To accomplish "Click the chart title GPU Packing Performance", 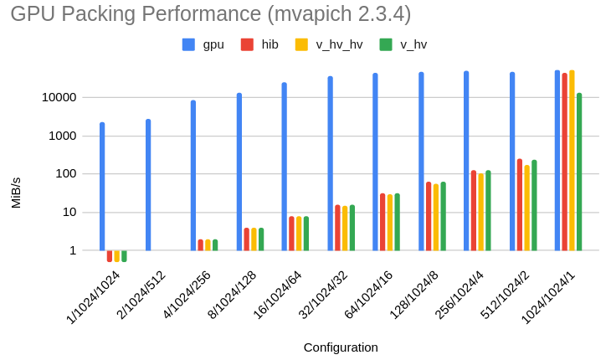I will click(x=211, y=14).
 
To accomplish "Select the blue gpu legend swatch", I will click(x=188, y=44).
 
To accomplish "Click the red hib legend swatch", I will click(x=247, y=44).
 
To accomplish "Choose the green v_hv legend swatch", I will click(x=386, y=44).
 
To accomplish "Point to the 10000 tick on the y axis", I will click(x=59, y=97).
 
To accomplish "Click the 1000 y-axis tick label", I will click(x=62, y=136).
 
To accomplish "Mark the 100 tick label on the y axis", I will click(x=65, y=174).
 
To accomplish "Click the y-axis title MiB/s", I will click(x=16, y=193).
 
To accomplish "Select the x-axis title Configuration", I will click(x=341, y=347).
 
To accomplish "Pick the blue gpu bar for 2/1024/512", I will click(x=148, y=185).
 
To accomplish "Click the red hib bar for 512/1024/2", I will click(x=520, y=205).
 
